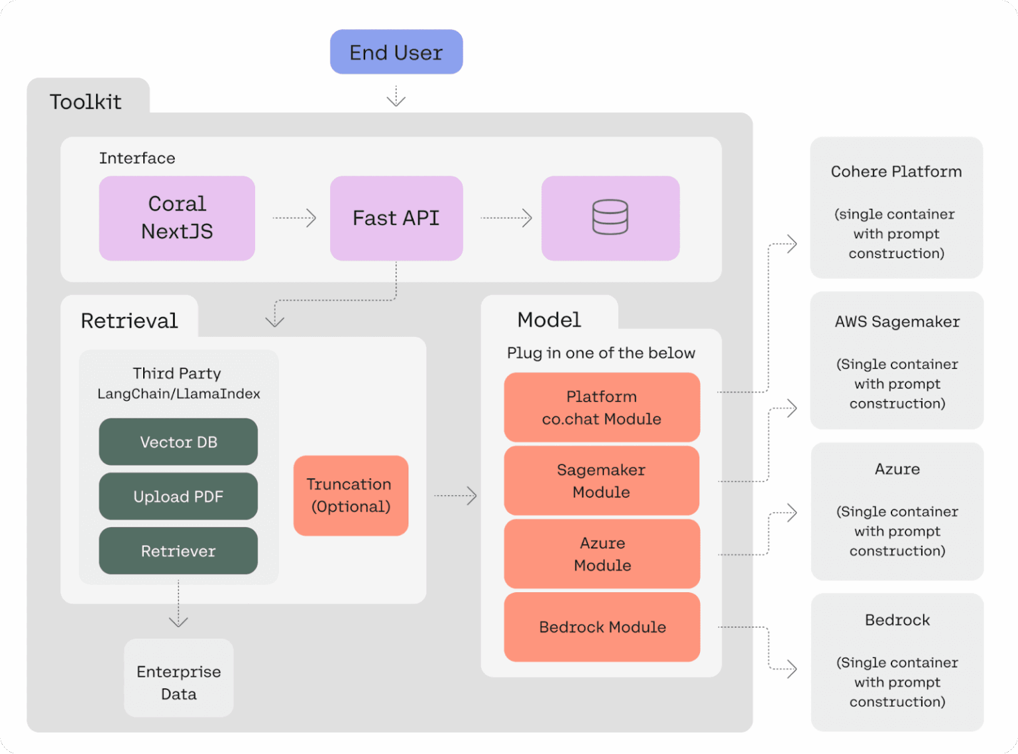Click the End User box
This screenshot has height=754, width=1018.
click(396, 52)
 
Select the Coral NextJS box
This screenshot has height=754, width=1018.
click(177, 218)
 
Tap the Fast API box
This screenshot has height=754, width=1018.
click(396, 218)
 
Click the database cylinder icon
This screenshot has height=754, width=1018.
click(610, 218)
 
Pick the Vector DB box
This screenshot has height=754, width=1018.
click(178, 442)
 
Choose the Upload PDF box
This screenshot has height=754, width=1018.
click(178, 496)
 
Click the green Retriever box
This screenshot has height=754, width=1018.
click(178, 550)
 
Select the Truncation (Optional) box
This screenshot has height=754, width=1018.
click(351, 495)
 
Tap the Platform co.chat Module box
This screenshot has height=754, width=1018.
click(602, 407)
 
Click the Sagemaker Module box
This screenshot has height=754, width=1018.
click(602, 481)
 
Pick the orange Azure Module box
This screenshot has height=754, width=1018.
click(602, 554)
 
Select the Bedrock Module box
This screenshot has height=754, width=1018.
click(602, 627)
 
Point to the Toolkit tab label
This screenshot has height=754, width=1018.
click(86, 101)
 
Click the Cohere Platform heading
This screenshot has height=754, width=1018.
click(896, 172)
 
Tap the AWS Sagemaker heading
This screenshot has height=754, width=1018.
click(897, 322)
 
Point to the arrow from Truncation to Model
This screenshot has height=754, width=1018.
click(455, 495)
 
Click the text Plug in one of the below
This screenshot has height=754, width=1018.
click(601, 353)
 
